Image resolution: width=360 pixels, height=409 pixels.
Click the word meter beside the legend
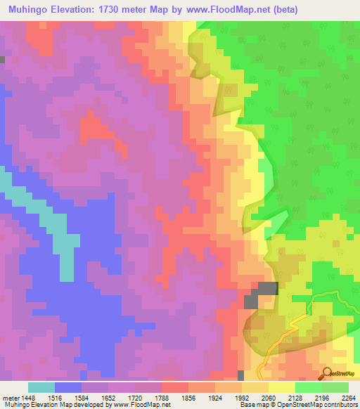pyautogui.click(x=9, y=397)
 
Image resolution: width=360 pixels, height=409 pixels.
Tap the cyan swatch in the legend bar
pyautogui.click(x=41, y=387)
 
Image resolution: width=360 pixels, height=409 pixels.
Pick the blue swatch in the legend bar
pyautogui.click(x=67, y=387)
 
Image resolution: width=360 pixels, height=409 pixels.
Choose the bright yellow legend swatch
pyautogui.click(x=281, y=387)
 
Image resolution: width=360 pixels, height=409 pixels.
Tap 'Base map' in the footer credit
pyautogui.click(x=252, y=405)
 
